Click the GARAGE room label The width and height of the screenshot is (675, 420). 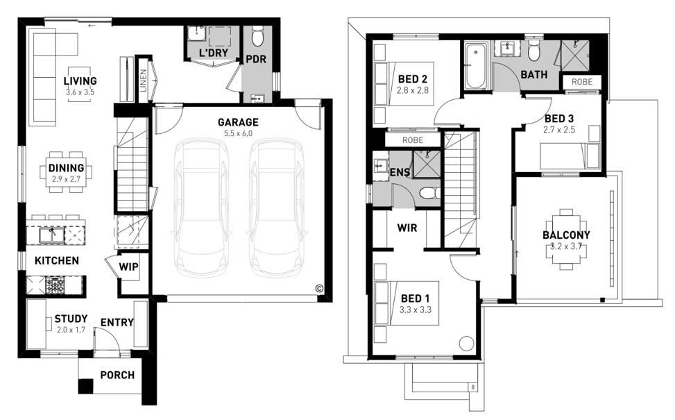pos(238,122)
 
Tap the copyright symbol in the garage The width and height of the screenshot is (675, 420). pos(319,288)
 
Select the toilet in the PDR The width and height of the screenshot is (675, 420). pos(257,36)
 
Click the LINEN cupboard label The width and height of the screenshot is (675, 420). pos(144,81)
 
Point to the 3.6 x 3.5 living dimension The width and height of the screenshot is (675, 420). pos(80,92)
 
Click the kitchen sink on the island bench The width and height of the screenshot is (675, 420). pos(51,235)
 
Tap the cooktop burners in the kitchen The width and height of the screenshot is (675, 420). pos(55,285)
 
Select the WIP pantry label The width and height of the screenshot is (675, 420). pos(129,267)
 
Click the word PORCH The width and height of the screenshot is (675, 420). pos(117,375)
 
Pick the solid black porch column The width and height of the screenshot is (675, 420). pos(85,385)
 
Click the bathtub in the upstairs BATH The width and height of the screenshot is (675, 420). pos(476,65)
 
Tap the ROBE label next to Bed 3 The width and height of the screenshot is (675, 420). pos(582,82)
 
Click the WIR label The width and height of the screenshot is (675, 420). pos(407,228)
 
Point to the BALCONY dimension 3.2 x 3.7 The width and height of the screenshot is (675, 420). pos(567,246)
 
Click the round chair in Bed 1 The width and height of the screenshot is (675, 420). pos(466,344)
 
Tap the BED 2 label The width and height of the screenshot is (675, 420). pos(412,79)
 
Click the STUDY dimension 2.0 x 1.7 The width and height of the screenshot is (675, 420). pos(71,330)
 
